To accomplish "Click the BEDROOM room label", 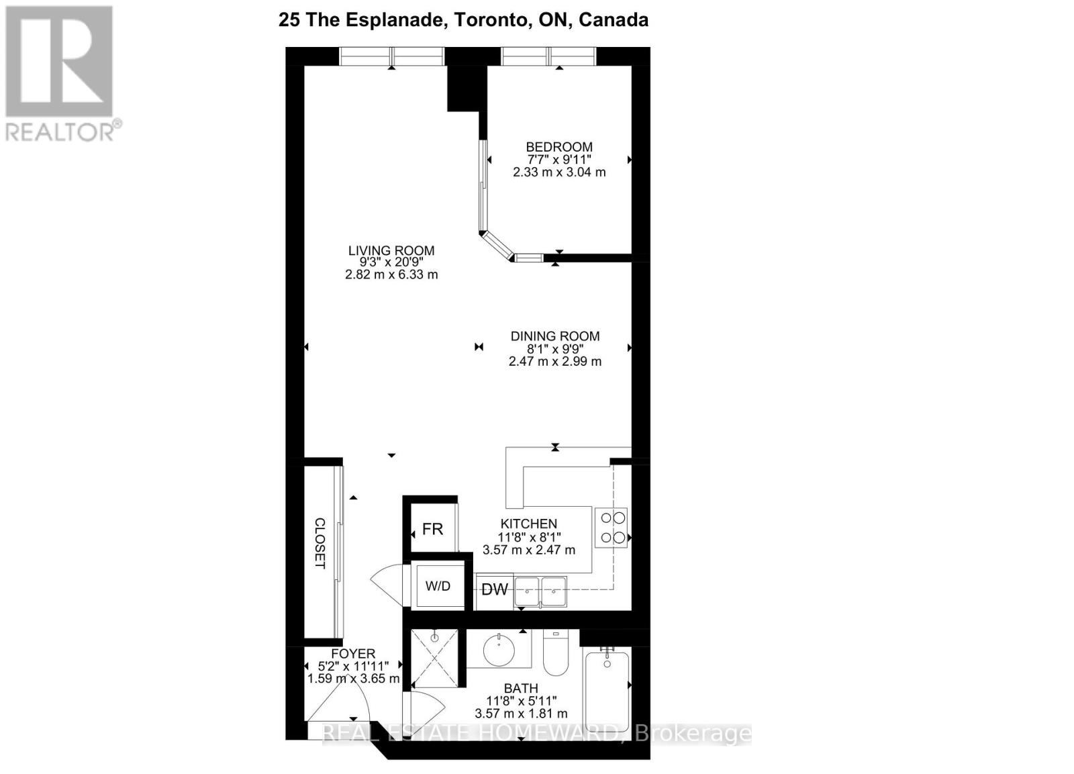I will [558, 147].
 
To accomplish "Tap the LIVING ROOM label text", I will [391, 250].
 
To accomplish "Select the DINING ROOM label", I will [555, 336].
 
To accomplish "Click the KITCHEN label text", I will [529, 524].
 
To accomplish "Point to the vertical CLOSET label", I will [320, 543].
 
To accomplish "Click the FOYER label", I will [353, 653].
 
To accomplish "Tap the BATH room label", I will [521, 688].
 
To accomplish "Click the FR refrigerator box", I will [433, 530].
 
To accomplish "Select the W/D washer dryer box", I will [438, 586].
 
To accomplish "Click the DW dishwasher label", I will [495, 590].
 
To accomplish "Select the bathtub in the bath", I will [607, 691].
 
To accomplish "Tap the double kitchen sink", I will [540, 591].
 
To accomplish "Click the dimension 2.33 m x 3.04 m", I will [558, 172].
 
